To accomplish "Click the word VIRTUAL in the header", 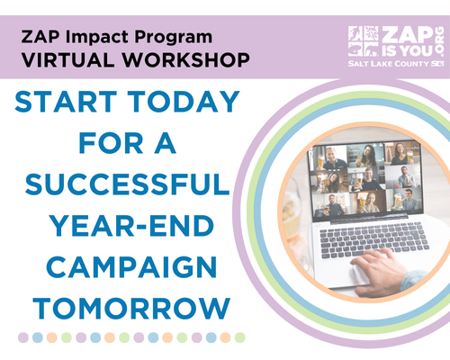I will tap(69, 62).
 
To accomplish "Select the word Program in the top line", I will tap(176, 38).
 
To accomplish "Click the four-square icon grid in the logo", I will tap(364, 42).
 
